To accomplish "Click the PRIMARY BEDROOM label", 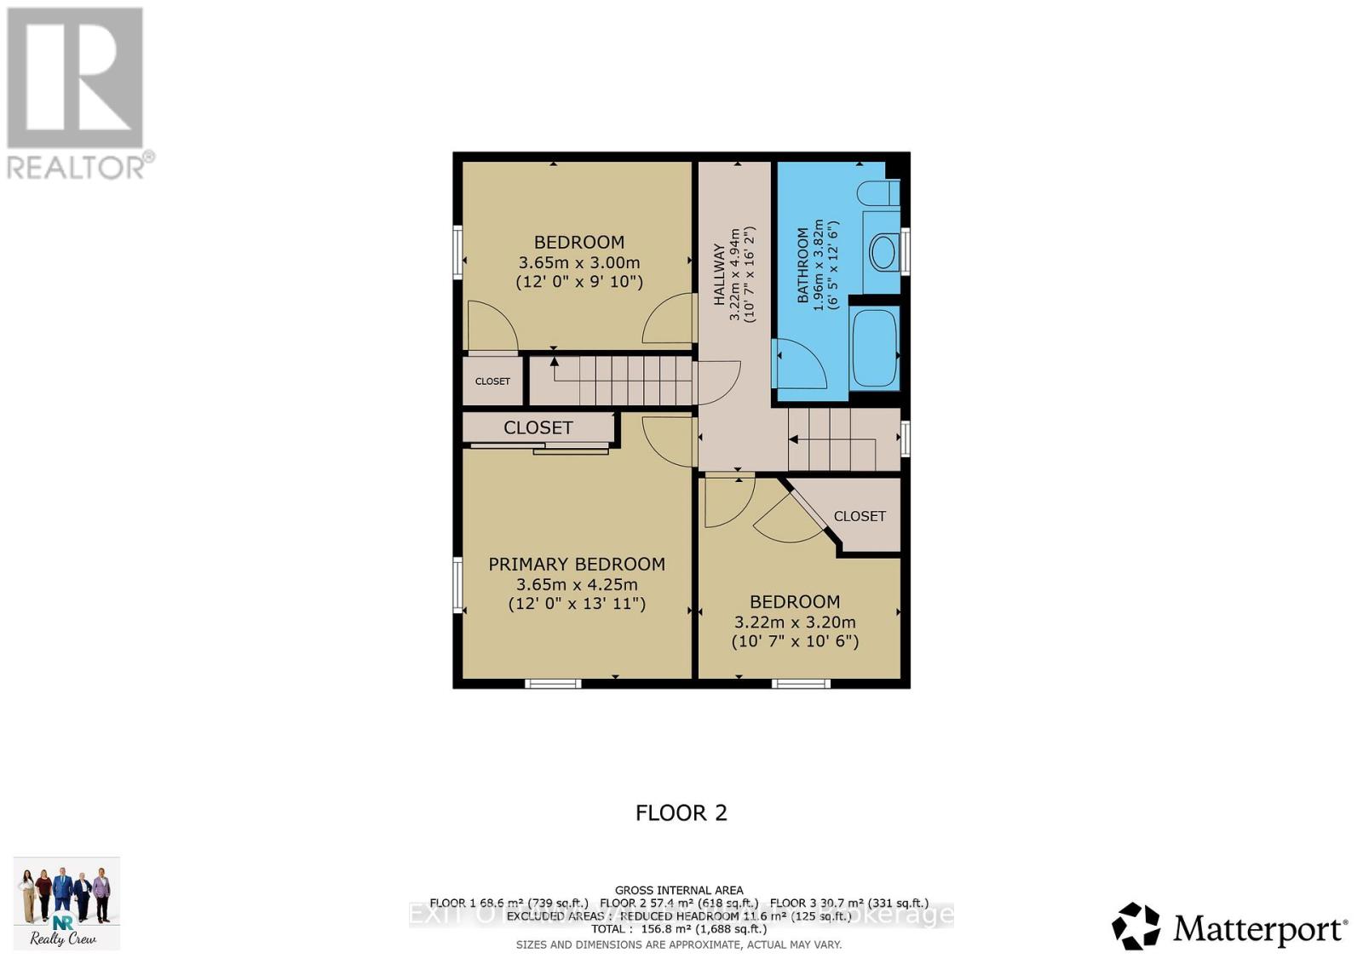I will [x=577, y=564].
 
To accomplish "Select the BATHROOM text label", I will [x=802, y=266].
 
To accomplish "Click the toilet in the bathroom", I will [x=877, y=192].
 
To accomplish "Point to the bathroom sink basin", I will [x=883, y=252].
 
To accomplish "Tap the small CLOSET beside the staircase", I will [x=492, y=381].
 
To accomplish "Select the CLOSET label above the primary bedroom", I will [x=538, y=427].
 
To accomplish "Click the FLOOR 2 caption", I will [x=681, y=812].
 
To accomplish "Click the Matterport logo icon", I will [x=1136, y=926].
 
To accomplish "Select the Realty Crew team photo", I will [x=66, y=902].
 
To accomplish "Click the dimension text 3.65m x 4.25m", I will [x=577, y=584].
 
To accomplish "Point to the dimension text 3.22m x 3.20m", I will [x=795, y=623].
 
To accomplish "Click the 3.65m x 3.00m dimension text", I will [x=579, y=262].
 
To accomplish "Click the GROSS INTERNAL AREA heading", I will [x=679, y=890].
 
